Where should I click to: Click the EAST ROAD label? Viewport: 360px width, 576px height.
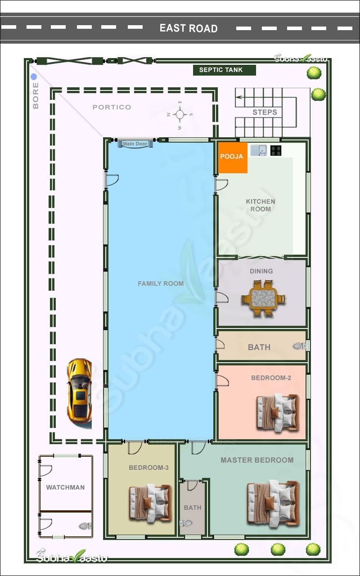pos(189,28)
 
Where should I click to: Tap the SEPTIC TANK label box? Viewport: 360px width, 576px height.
pos(220,70)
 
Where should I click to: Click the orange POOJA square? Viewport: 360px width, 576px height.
pos(233,157)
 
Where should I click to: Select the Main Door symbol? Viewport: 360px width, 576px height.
pos(135,144)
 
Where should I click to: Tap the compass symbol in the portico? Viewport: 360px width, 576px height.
pos(180,115)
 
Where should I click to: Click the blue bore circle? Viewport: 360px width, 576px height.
pos(34,77)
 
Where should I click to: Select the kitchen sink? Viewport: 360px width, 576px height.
pos(258,150)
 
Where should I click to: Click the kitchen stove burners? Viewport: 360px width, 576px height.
pos(276,151)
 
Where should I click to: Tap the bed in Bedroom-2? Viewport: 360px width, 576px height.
pos(277,412)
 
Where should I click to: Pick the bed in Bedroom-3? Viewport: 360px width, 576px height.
pos(150,503)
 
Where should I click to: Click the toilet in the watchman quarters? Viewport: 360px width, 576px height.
pos(84,526)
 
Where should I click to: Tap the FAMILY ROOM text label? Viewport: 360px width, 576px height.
pos(161,283)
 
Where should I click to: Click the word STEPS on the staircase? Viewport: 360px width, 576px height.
pos(265,112)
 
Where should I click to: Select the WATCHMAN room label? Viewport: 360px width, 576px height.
pos(65,487)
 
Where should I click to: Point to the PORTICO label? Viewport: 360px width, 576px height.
pos(112,107)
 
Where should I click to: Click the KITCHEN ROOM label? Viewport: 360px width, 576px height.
pos(261,205)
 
